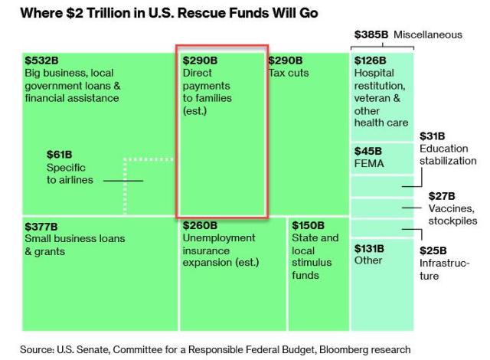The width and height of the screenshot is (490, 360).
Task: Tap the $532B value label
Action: (40, 60)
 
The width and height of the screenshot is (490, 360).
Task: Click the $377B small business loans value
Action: (40, 227)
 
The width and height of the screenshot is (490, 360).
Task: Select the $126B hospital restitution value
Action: (370, 60)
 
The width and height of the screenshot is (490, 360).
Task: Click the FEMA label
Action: (369, 163)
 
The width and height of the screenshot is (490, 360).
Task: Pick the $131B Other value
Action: (369, 248)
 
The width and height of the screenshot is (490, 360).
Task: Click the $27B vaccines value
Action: (442, 195)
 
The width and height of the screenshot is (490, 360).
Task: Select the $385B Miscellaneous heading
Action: (408, 34)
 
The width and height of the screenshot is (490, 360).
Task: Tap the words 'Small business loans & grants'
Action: (74, 245)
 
